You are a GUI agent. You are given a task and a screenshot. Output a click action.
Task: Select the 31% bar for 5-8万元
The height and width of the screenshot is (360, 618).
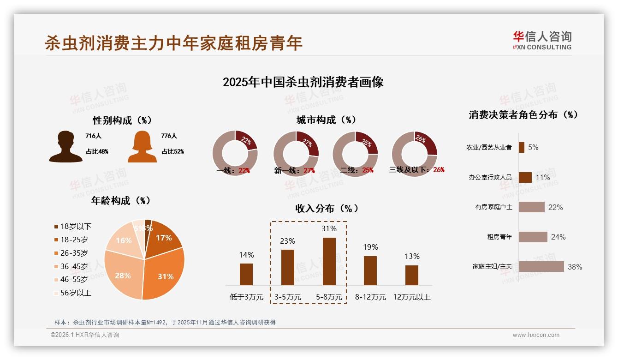click(329, 261)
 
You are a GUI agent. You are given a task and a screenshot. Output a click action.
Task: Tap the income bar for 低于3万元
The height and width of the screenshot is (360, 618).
click(246, 274)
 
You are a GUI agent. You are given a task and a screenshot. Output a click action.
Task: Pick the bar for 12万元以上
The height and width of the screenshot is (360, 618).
click(412, 275)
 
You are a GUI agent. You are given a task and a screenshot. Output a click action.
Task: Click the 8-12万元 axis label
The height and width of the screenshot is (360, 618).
click(370, 297)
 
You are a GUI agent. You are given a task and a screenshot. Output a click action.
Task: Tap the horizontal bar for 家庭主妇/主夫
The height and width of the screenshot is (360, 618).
click(541, 267)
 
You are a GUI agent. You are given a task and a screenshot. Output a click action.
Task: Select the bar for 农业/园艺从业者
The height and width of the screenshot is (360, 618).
click(521, 147)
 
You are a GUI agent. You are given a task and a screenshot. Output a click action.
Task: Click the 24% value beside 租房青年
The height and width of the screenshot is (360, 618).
click(558, 237)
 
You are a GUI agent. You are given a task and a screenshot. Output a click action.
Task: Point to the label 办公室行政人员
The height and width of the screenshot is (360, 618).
click(490, 177)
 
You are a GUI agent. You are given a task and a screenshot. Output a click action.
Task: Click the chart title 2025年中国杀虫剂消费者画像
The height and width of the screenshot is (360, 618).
click(303, 82)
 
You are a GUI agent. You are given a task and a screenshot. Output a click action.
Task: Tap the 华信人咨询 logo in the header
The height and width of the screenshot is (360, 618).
click(542, 40)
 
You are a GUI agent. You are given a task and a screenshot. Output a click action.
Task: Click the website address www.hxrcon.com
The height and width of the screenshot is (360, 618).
click(536, 335)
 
